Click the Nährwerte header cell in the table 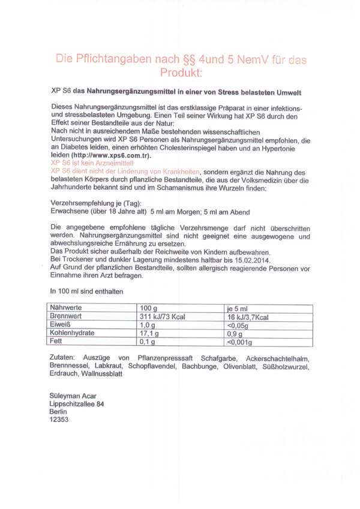pyautogui.click(x=67, y=308)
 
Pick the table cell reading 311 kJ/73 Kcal pyautogui.click(x=164, y=316)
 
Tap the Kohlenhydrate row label pyautogui.click(x=73, y=333)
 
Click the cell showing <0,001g pyautogui.click(x=239, y=342)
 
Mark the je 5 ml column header pyautogui.click(x=239, y=308)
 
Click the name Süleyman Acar pyautogui.click(x=72, y=395)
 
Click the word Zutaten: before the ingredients pyautogui.click(x=62, y=357)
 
